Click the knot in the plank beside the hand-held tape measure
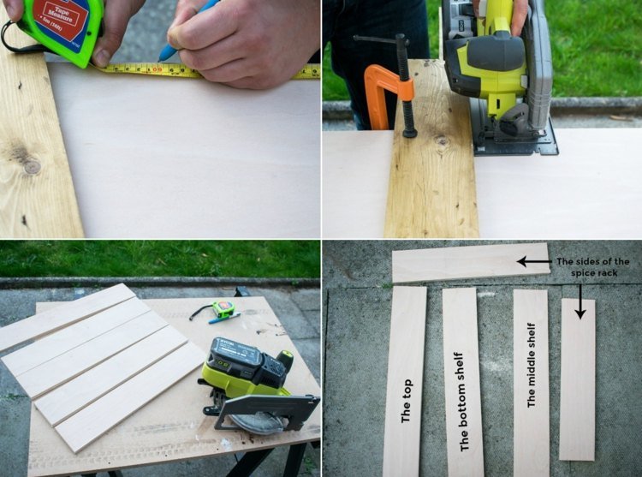click(31, 166)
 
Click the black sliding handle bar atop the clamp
click(382, 39)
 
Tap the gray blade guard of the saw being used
click(536, 69)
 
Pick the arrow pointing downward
click(580, 301)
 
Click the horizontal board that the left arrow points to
click(462, 264)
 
